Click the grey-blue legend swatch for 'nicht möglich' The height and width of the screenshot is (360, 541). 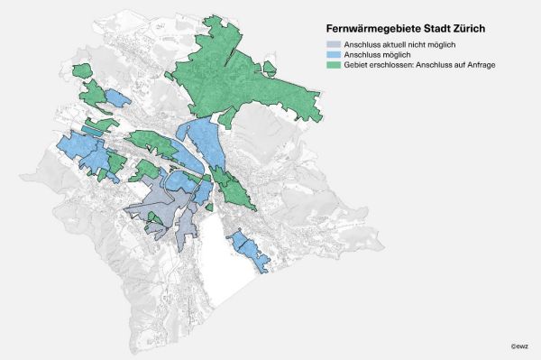click(333, 44)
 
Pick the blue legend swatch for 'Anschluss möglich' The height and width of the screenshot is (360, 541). click(333, 55)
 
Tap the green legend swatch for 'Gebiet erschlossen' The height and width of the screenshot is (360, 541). click(333, 66)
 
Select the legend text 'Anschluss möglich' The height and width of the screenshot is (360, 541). click(375, 55)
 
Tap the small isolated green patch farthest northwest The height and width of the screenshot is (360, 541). click(82, 70)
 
